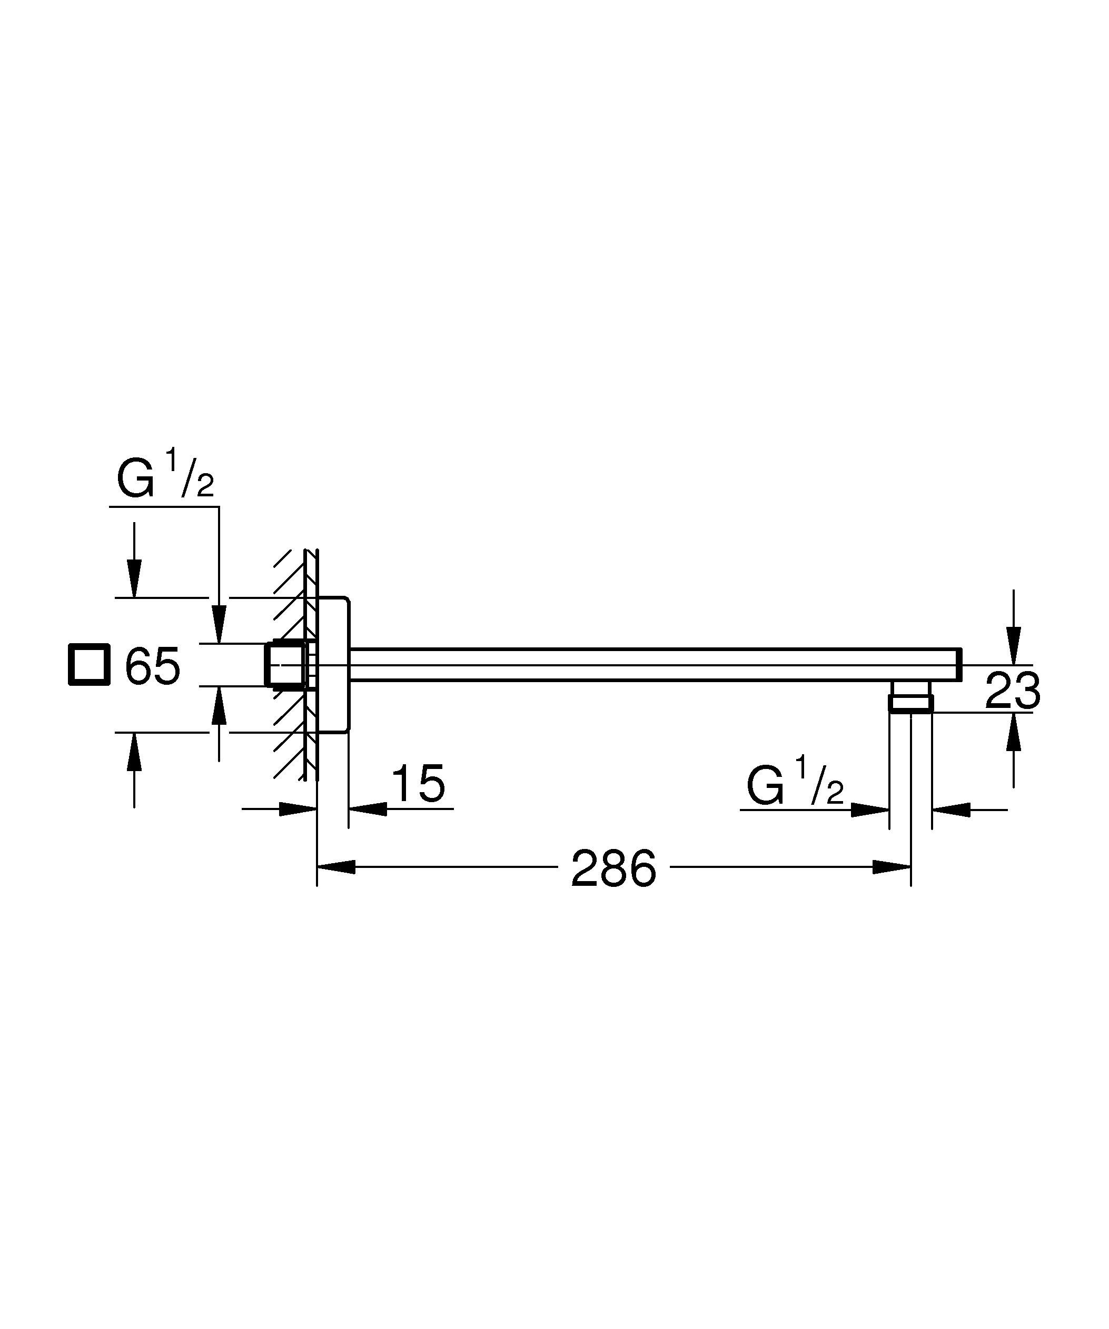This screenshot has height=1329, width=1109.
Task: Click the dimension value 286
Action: pyautogui.click(x=613, y=868)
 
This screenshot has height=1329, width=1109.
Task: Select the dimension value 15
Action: pyautogui.click(x=419, y=784)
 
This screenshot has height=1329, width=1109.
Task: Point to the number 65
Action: pyautogui.click(x=153, y=666)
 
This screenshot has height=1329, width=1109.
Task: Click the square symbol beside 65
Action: pyautogui.click(x=89, y=664)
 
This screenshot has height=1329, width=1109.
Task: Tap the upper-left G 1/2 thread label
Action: pyautogui.click(x=166, y=474)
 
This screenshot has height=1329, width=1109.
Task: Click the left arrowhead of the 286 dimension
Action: pyautogui.click(x=336, y=867)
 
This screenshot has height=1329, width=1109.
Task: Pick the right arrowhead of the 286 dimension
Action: pyautogui.click(x=891, y=867)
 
